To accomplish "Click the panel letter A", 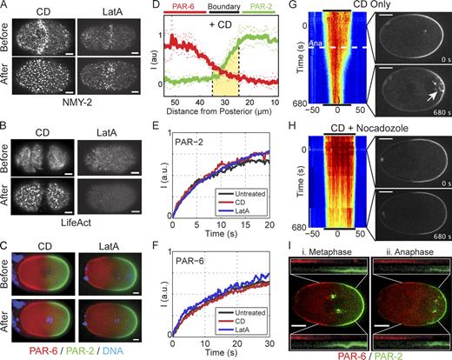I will point(5,7).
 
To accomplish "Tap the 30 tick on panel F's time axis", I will point(289,345).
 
